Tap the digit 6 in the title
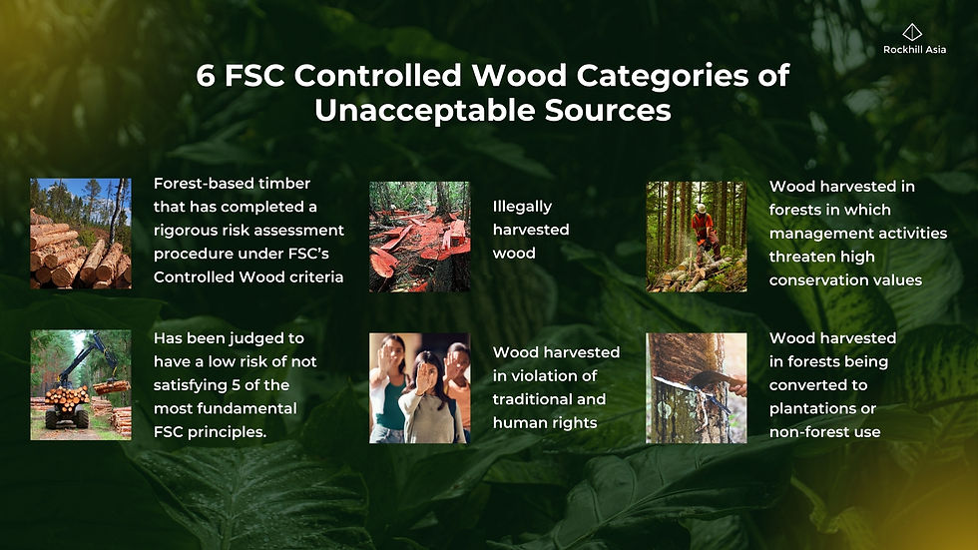tap(206, 77)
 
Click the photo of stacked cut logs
tap(80, 235)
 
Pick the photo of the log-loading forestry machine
tap(80, 385)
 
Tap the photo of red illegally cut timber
tap(419, 237)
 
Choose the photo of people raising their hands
tap(419, 387)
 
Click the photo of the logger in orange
tap(697, 237)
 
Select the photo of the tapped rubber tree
tap(697, 387)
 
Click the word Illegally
tap(523, 207)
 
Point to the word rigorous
tap(187, 231)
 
